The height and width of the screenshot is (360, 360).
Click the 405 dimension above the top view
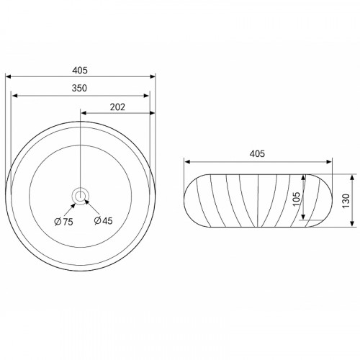tap(80, 71)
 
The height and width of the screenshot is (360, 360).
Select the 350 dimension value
tap(79, 88)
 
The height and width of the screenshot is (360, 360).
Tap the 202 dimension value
tap(117, 107)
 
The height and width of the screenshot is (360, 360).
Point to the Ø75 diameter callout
tap(63, 222)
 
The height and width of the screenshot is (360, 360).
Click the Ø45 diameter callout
tap(104, 220)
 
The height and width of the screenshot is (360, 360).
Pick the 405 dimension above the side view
tap(257, 153)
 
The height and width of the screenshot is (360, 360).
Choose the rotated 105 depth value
tap(297, 199)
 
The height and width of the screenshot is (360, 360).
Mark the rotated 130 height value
tap(346, 201)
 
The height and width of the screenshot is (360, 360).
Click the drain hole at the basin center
tap(80, 197)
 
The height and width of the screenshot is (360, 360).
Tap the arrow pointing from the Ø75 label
tap(69, 209)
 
